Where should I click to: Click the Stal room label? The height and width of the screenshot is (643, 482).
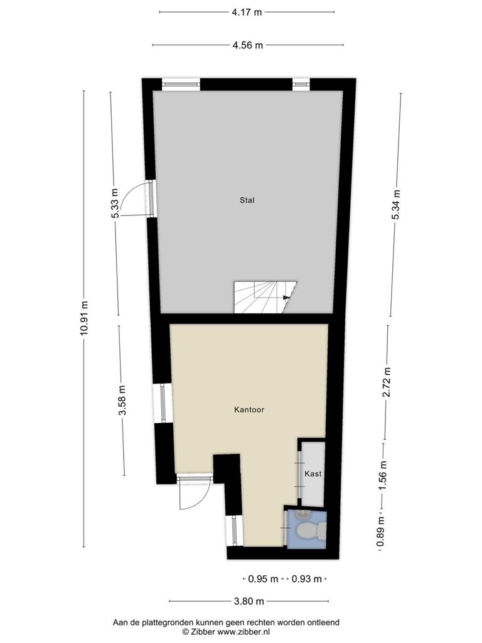coord(247,200)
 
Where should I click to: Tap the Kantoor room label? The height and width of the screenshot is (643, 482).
coord(249,409)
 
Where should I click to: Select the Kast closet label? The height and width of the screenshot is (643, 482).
coord(313,473)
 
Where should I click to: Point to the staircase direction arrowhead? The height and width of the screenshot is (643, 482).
coord(286,297)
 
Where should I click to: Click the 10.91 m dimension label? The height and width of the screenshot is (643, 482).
coord(84,318)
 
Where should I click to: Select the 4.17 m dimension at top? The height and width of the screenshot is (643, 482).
coord(247,12)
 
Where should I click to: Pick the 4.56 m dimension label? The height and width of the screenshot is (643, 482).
coord(247,45)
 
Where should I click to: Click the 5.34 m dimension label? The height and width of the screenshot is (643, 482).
coord(396,205)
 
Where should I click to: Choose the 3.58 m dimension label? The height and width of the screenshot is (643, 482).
coord(122,401)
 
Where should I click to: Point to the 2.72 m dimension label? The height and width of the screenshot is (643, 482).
coord(386,382)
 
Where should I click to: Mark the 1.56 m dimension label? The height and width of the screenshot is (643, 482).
coord(382,475)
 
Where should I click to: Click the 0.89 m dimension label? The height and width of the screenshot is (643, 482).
coord(381,532)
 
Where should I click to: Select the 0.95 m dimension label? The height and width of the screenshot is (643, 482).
coord(263,579)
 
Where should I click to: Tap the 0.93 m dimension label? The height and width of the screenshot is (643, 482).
coord(306,579)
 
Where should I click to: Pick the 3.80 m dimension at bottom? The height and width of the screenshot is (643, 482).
coord(249,601)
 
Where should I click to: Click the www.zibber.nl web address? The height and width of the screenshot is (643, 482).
coord(244,632)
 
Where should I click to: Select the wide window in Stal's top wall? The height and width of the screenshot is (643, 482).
coord(181,84)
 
